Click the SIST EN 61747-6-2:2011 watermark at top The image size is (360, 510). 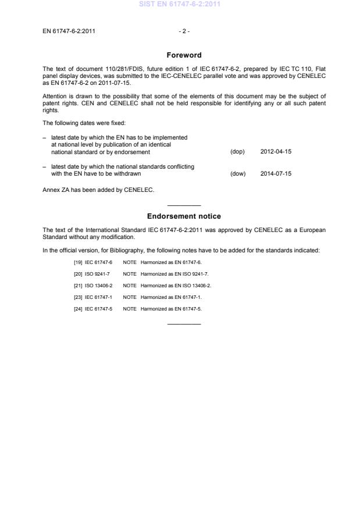coord(180,5)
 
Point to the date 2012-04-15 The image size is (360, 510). coord(276,152)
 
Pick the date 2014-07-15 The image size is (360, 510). coord(276,173)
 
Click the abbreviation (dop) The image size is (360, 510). coord(237,152)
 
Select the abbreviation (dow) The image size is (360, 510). coord(238,173)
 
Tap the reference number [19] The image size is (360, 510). coord(78,263)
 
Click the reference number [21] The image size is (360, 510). coord(78,285)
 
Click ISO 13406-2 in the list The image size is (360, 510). coord(99,285)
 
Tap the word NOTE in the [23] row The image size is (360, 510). coord(130,297)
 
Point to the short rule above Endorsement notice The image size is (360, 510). coord(184,205)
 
